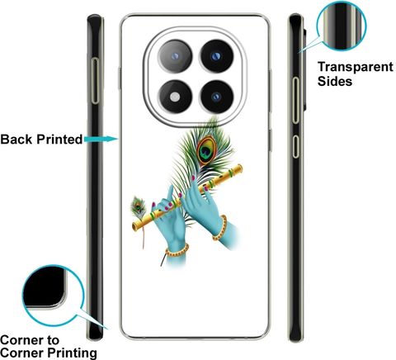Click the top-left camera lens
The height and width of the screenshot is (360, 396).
(175, 57)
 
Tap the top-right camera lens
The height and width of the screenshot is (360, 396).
(216, 56)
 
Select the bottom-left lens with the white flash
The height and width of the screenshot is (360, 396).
(175, 97)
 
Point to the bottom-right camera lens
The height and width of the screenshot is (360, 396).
(216, 97)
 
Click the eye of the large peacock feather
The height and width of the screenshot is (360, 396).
(206, 150)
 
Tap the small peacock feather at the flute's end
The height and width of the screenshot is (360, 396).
(139, 207)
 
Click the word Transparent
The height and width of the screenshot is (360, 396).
(356, 67)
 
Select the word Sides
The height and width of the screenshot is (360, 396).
(335, 82)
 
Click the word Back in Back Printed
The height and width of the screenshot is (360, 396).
(16, 140)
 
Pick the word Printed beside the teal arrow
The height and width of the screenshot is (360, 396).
(59, 140)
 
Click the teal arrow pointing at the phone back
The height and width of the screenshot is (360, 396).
(101, 139)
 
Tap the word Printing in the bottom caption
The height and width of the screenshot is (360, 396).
(72, 353)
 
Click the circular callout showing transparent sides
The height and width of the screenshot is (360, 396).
(342, 26)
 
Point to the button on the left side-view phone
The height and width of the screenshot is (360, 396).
(95, 81)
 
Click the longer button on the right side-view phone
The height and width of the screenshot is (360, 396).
(296, 100)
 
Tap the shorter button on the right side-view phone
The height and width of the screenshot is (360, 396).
(296, 146)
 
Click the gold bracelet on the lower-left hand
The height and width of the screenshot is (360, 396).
(177, 251)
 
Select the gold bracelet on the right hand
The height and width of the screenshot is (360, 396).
(220, 228)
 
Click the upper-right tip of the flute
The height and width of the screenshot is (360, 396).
(241, 167)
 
